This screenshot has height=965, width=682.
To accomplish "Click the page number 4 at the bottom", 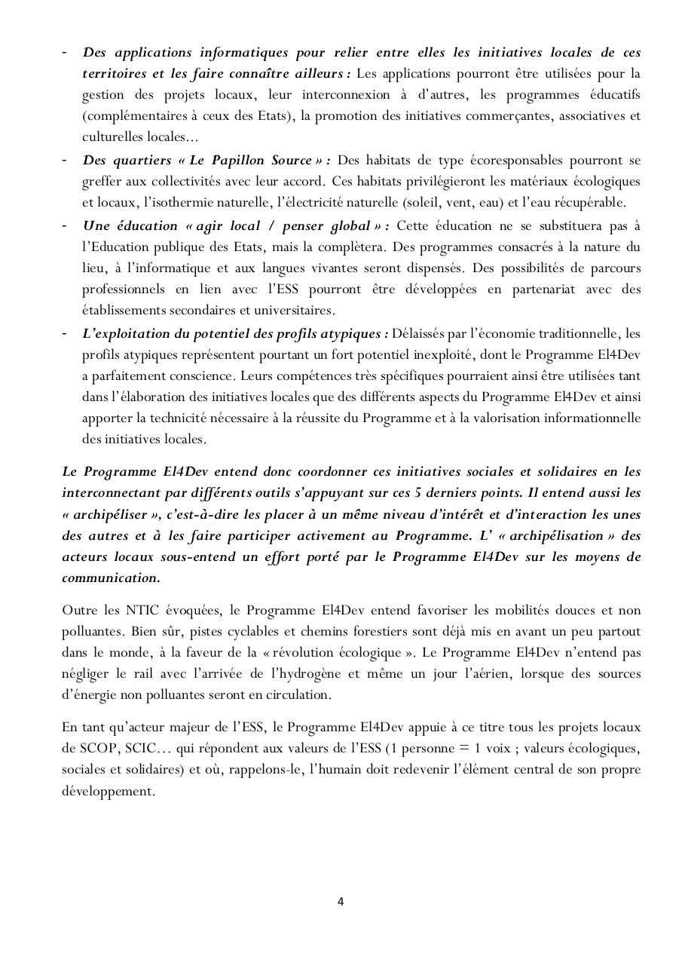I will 341,901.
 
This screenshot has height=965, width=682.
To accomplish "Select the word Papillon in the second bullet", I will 239,160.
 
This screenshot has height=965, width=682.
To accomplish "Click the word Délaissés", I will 422,333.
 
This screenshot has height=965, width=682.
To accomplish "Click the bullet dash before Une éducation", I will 66,225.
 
